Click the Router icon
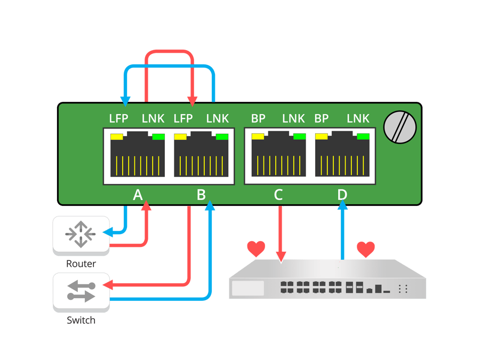pyautogui.click(x=81, y=234)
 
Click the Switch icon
pyautogui.click(x=81, y=291)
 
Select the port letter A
pyautogui.click(x=138, y=195)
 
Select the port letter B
pyautogui.click(x=201, y=195)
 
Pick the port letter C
pyautogui.click(x=278, y=195)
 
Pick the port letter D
pyautogui.click(x=342, y=195)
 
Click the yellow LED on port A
pyautogui.click(x=116, y=137)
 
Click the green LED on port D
pyautogui.click(x=363, y=137)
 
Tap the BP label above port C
pyautogui.click(x=258, y=118)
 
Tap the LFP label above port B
pyautogui.click(x=183, y=118)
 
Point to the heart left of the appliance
pyautogui.click(x=256, y=249)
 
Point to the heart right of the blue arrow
pyautogui.click(x=365, y=249)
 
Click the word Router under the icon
pyautogui.click(x=81, y=263)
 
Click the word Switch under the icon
pyautogui.click(x=81, y=320)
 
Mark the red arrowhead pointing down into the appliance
pyautogui.click(x=280, y=258)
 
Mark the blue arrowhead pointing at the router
pyautogui.click(x=107, y=232)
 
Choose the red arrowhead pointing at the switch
pyautogui.click(x=106, y=285)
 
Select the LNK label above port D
pyautogui.click(x=358, y=118)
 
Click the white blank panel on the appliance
pyautogui.click(x=248, y=288)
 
